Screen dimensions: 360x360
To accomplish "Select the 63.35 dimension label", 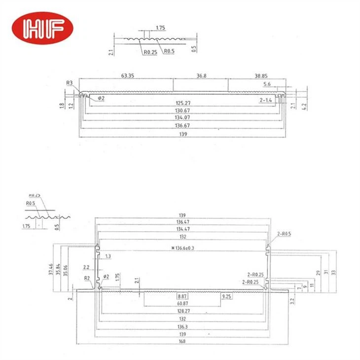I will pyautogui.click(x=127, y=76).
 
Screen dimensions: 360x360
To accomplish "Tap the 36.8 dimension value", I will pyautogui.click(x=201, y=76).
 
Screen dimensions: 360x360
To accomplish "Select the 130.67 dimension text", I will pyautogui.click(x=181, y=110).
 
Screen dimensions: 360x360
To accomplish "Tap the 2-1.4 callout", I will pyautogui.click(x=267, y=100).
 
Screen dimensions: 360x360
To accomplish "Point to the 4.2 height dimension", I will pyautogui.click(x=305, y=105).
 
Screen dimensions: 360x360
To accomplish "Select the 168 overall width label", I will pyautogui.click(x=181, y=342).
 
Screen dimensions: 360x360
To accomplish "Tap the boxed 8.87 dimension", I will pyautogui.click(x=181, y=297).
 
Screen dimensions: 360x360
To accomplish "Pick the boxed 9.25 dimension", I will pyautogui.click(x=227, y=297).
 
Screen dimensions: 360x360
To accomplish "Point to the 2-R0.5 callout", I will pyautogui.click(x=284, y=235).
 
